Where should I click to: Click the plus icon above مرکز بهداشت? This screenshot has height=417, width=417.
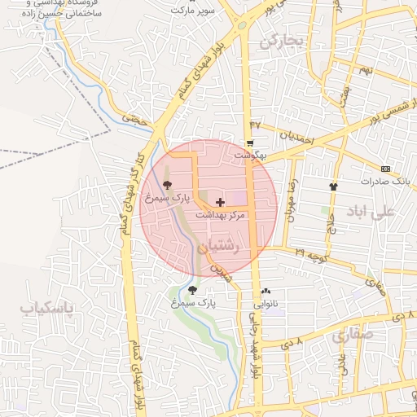[220, 201]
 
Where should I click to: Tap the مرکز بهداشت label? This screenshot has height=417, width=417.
[220, 214]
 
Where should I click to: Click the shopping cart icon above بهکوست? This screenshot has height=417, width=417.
[249, 143]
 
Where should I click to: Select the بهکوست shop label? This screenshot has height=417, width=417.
[251, 154]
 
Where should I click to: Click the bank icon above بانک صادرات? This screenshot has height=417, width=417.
[385, 169]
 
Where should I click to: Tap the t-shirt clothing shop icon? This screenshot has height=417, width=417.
[333, 187]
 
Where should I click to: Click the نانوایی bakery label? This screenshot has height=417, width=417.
[266, 304]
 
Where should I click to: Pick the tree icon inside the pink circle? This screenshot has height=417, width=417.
[167, 185]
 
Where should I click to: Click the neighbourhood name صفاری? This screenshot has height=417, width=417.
[353, 334]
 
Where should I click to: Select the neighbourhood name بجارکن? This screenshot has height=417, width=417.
[281, 41]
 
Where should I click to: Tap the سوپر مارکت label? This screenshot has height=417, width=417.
[193, 11]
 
